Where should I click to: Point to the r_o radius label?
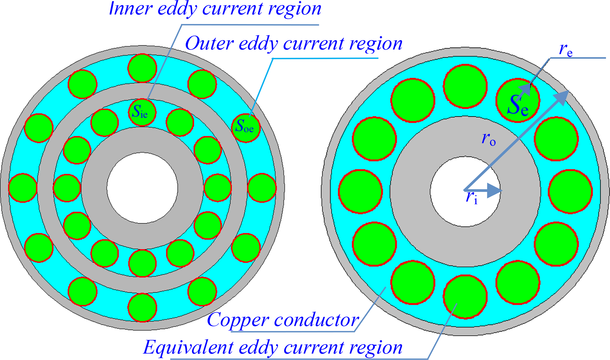click(x=489, y=139)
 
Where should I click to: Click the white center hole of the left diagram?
click(x=142, y=188)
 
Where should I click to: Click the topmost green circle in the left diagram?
click(x=142, y=68)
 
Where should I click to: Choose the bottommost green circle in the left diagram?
click(x=142, y=307)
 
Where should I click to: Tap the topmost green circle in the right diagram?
click(x=465, y=86)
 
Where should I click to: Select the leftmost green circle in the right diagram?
click(x=360, y=191)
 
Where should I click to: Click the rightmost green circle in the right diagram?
click(x=570, y=191)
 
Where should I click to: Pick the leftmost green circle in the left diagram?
click(x=23, y=188)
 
